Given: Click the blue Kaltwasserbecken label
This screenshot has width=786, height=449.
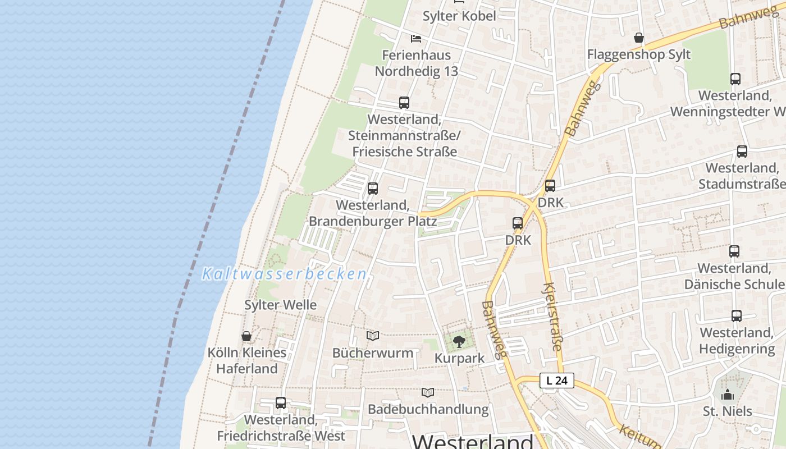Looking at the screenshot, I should click(284, 274).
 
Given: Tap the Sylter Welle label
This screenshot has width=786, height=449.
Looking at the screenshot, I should click(280, 305).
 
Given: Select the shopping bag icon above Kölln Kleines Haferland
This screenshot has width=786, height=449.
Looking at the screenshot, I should click(246, 336).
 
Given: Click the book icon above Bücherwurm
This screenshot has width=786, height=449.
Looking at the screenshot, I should click(372, 336).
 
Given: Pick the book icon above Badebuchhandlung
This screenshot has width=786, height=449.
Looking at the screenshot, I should click(428, 392).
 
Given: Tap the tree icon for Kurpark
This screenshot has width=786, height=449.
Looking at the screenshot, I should click(459, 341).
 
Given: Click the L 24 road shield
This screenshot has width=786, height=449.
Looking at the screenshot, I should click(557, 381).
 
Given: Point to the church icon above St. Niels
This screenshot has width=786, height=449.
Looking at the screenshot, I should click(728, 395).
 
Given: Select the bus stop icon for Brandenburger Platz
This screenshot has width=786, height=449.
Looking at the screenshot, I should click(372, 189).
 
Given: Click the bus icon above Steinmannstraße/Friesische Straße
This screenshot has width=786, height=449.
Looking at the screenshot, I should click(404, 103).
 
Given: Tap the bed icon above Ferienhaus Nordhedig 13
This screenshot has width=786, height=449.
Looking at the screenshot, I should click(415, 39).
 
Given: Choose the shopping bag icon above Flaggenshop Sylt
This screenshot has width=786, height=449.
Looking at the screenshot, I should click(638, 38).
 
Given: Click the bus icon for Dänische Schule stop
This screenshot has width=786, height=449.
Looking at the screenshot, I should click(734, 251).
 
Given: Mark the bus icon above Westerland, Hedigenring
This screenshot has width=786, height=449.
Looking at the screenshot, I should click(736, 316).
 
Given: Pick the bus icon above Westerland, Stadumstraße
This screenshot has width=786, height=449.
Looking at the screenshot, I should click(742, 152).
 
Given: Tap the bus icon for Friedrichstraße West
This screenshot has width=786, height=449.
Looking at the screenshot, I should click(280, 403).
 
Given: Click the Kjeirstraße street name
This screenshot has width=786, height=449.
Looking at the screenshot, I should click(552, 317).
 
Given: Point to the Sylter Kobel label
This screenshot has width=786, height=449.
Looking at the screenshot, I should click(459, 16).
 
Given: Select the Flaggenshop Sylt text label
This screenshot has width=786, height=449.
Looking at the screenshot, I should click(638, 54).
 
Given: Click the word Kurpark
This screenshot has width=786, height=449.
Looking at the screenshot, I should click(459, 359).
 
